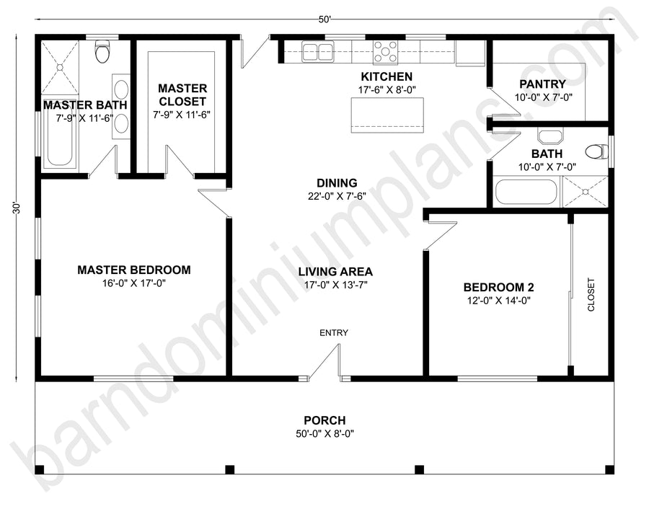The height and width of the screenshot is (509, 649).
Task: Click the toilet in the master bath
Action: pyautogui.click(x=102, y=50)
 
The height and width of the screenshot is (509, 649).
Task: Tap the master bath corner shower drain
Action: pyautogui.click(x=60, y=66)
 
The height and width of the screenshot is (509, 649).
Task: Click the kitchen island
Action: pyautogui.click(x=387, y=115)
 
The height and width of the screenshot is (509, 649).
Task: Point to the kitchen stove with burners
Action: pyautogui.click(x=386, y=52)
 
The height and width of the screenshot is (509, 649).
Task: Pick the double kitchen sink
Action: pyautogui.click(x=318, y=51)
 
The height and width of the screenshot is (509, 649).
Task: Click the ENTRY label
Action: pyautogui.click(x=334, y=332)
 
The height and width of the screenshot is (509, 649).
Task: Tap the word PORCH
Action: pyautogui.click(x=325, y=420)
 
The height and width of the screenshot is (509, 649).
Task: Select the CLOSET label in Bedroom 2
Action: pyautogui.click(x=591, y=295)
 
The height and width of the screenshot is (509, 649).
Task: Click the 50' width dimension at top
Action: pyautogui.click(x=325, y=19)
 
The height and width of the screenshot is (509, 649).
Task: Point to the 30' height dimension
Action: pyautogui.click(x=16, y=208)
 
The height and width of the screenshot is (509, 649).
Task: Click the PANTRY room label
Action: pyautogui.click(x=542, y=84)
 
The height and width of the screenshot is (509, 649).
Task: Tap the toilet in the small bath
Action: pyautogui.click(x=597, y=151)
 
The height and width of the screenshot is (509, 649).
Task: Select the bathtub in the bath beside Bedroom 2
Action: pyautogui.click(x=526, y=192)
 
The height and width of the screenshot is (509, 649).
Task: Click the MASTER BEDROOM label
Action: pyautogui.click(x=134, y=270)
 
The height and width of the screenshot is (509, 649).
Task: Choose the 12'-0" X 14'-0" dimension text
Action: pyautogui.click(x=499, y=301)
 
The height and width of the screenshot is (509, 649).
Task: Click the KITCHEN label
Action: pyautogui.click(x=387, y=76)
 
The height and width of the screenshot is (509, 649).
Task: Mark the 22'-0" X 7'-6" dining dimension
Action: pyautogui.click(x=337, y=196)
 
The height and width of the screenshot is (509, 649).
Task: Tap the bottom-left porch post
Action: pyautogui.click(x=40, y=469)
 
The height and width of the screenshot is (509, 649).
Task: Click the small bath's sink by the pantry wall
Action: pyautogui.click(x=549, y=137)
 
